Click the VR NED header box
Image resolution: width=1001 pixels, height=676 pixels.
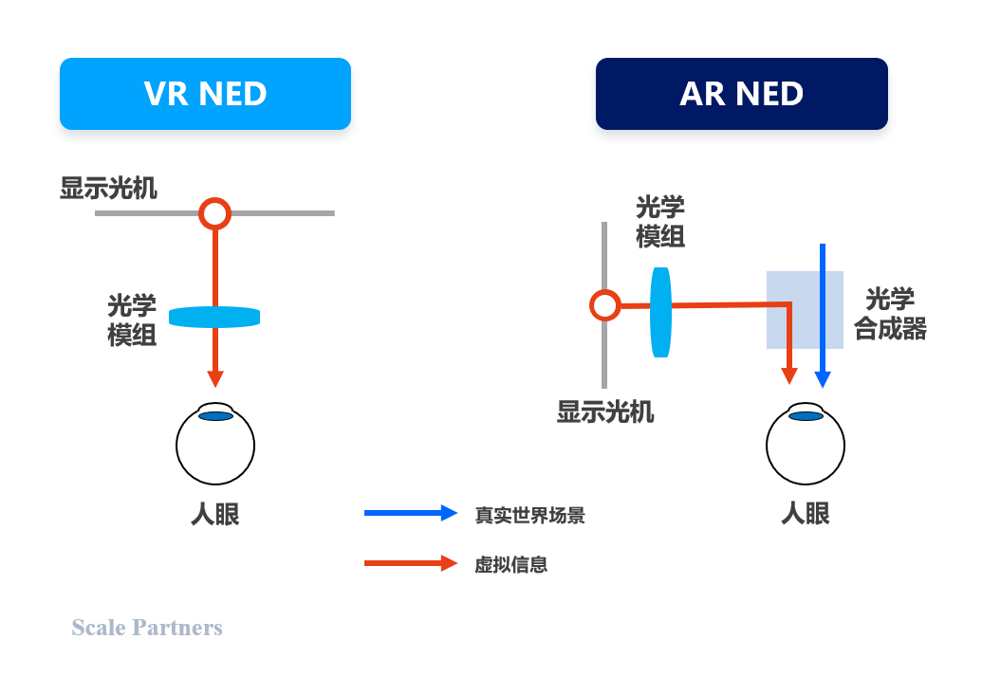pos(205,94)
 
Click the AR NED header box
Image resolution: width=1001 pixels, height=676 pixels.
pos(741,94)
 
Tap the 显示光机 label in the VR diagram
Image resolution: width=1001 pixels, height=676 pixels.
pos(108,188)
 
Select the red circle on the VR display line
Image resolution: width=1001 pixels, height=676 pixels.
pos(215,213)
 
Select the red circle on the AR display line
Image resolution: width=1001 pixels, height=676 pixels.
pos(604,305)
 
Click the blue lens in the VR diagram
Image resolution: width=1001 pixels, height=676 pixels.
pos(214,317)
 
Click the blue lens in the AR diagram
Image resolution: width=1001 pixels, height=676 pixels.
pos(660,312)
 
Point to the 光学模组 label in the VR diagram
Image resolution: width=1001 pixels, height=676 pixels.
pos(131,320)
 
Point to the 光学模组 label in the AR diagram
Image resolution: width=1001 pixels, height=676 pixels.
pos(660,223)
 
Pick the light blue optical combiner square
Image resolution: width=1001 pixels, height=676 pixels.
pos(805,310)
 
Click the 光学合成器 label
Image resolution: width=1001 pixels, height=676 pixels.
pos(890,315)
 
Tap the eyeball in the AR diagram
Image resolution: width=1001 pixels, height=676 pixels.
pos(806,446)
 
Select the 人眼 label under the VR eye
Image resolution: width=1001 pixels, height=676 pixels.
pos(215,515)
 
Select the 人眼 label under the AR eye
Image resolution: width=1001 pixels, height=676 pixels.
pos(806,514)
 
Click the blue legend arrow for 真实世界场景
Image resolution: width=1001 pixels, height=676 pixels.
pos(410,513)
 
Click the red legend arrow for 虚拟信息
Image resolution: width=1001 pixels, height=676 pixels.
pos(410,563)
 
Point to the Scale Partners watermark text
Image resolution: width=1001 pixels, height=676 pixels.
pos(147,627)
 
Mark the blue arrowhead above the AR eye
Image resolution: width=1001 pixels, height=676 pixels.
pos(823,378)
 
